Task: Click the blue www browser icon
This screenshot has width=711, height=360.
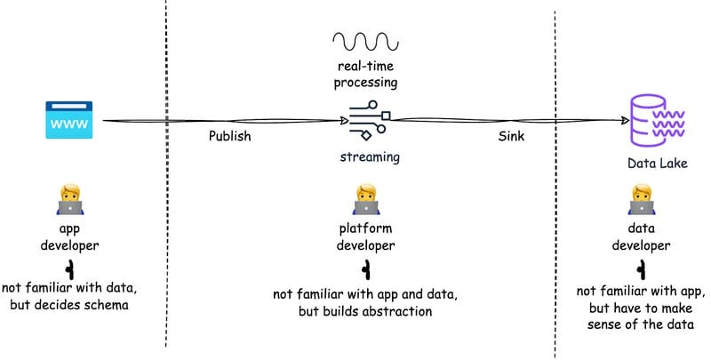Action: coord(69,119)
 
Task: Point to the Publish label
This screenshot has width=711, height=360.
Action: coord(230,136)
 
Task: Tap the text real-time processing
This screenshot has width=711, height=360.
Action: coord(365,75)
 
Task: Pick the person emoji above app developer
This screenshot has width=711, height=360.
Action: coord(70,201)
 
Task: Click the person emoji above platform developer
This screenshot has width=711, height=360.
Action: coord(365,200)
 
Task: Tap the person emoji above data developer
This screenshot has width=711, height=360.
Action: coord(641,200)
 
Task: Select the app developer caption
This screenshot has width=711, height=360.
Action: coord(70,236)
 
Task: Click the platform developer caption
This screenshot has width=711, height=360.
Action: coord(365,236)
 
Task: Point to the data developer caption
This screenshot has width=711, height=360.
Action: coord(641,236)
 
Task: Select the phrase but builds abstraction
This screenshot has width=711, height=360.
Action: coord(366,312)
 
